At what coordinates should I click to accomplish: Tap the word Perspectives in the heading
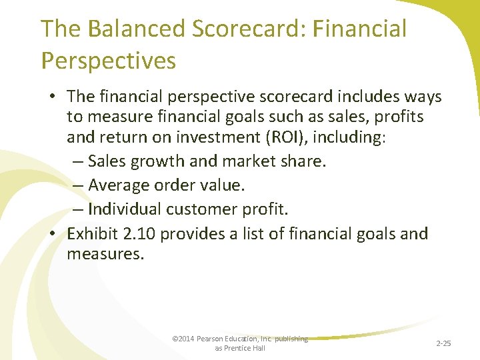[108, 60]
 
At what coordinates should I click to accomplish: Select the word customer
[199, 209]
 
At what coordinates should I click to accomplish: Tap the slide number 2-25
[443, 343]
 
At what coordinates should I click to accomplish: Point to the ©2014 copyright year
[182, 339]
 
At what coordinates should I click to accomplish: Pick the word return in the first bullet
[113, 139]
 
